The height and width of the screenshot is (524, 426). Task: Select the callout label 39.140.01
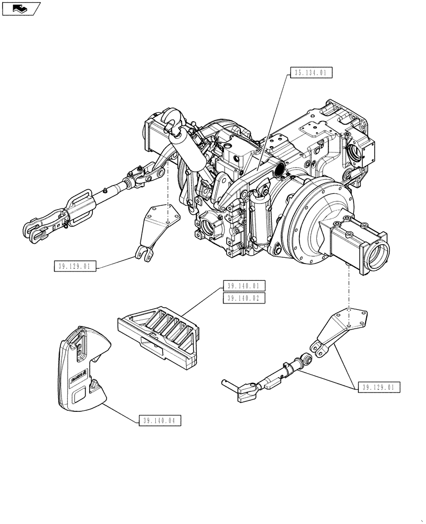244,286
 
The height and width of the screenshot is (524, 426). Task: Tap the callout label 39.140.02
244,298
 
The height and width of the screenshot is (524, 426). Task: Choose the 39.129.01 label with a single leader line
75,266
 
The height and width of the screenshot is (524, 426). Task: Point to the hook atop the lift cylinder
171,118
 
